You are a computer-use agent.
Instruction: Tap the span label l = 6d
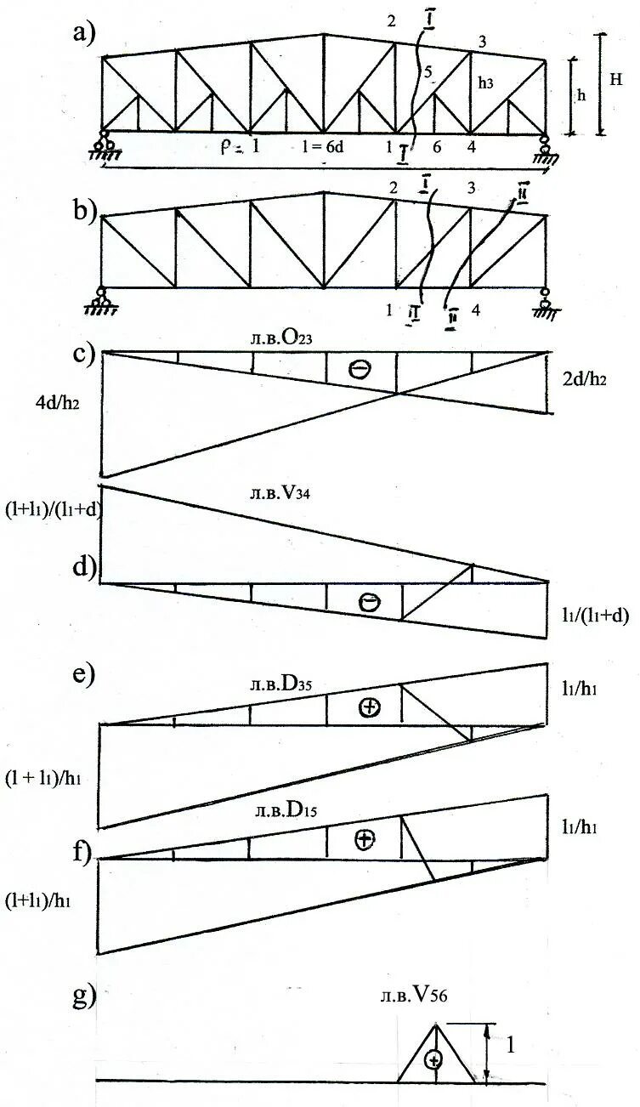point(320,146)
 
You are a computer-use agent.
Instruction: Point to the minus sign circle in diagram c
point(360,368)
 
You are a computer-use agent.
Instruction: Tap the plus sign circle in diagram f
point(365,840)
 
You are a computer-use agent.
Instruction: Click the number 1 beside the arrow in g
point(510,1046)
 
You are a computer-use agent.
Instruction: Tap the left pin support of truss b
point(102,299)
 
